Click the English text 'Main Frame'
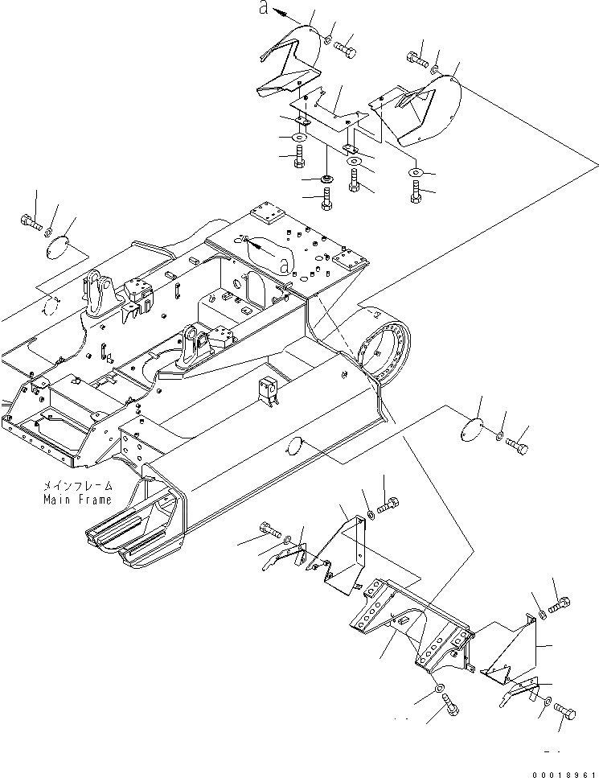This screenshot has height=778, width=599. pos(78,499)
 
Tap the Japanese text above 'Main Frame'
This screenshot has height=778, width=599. pos(78,487)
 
